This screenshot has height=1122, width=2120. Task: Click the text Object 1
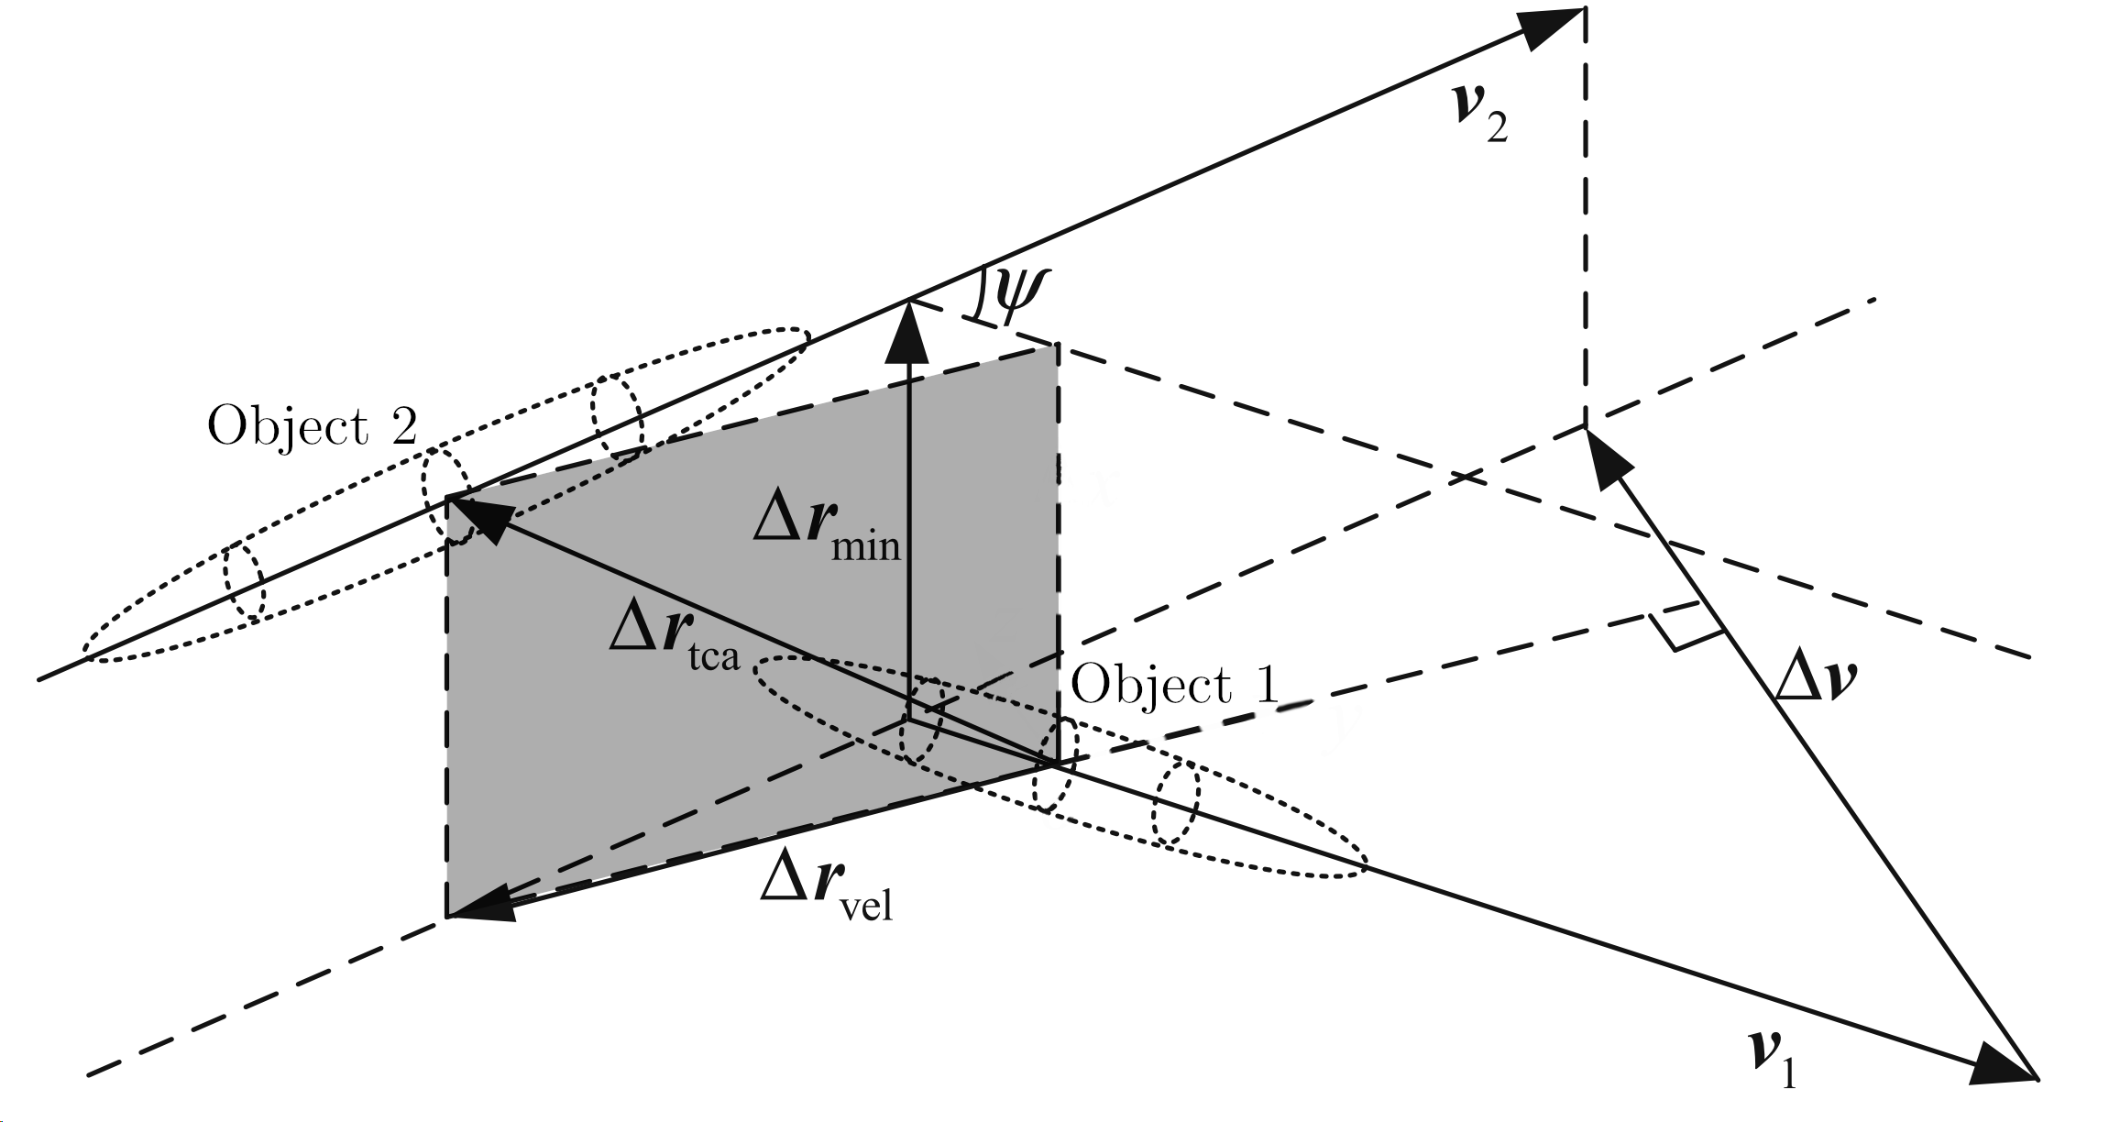[1173, 685]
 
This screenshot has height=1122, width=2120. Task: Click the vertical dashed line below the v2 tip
[1583, 229]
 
